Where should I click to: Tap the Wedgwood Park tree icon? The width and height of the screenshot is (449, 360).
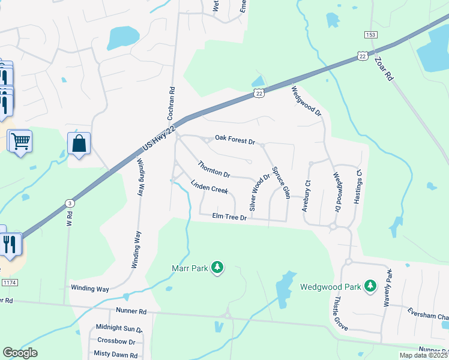coord(372,286)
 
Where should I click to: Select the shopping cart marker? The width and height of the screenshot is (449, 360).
coord(20,142)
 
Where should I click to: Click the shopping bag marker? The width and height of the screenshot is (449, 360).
coord(79,143)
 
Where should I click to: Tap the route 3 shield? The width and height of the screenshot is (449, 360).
coord(70,204)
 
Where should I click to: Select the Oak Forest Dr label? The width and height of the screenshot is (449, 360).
coord(235,142)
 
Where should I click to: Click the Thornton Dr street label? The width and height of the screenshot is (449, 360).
coord(214,169)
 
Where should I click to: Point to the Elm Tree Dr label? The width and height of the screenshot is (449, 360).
coord(229,217)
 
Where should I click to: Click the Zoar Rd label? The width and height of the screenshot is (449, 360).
coord(382,68)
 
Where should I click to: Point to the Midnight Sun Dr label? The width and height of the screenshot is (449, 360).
coord(119,328)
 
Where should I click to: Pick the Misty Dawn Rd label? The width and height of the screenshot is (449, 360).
coord(116,354)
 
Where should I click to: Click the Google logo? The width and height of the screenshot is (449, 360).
coord(20,353)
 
